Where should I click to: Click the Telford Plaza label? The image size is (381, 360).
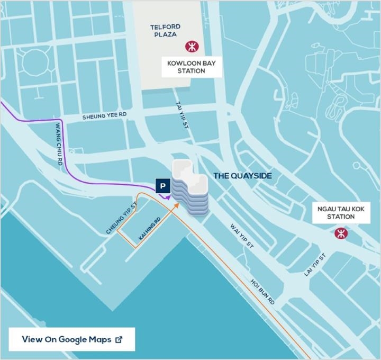165,31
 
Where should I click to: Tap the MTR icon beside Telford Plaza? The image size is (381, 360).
190,47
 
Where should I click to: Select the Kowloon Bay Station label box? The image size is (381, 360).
192,67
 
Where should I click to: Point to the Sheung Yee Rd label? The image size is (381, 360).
105,116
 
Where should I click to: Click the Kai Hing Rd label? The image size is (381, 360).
149,229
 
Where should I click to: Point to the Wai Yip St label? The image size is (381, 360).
242,236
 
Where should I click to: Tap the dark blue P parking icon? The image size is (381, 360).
162,186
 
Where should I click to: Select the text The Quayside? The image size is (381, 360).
242,175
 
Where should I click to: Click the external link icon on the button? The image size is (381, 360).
119,339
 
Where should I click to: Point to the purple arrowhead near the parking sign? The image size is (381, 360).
168,196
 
